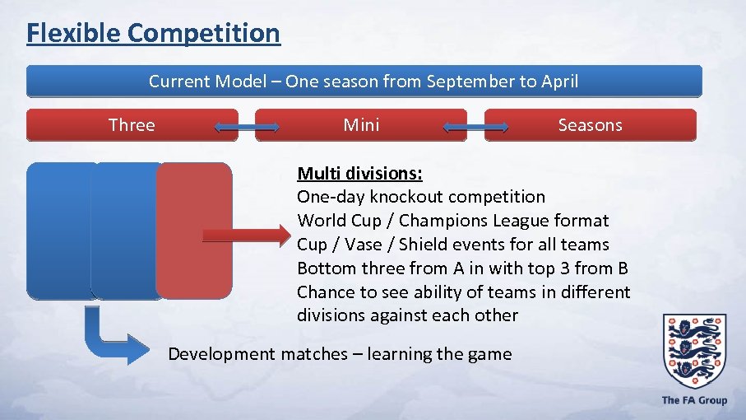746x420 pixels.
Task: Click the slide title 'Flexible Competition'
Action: [x=153, y=33]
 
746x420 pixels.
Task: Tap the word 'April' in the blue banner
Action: [x=558, y=82]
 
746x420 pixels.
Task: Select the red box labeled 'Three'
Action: [x=132, y=125]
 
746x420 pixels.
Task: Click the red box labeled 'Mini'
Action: [x=361, y=125]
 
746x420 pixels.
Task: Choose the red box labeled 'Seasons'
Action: [x=590, y=125]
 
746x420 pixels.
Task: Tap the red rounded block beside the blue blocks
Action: [x=194, y=230]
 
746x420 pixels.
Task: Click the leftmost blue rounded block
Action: [x=59, y=230]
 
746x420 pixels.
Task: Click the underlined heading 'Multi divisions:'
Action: [x=359, y=173]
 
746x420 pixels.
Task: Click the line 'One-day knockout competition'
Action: [x=420, y=197]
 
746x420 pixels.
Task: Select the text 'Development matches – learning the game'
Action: [x=340, y=354]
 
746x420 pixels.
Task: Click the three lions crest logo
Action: [x=694, y=351]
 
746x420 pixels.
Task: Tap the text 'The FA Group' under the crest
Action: [x=694, y=400]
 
